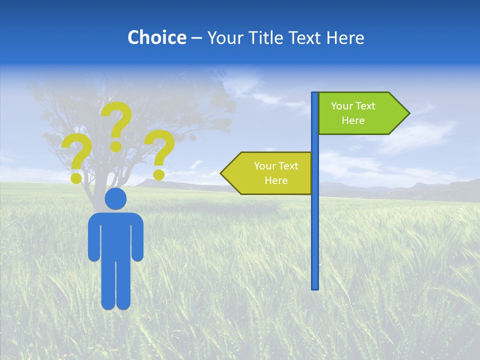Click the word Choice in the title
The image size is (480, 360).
click(x=156, y=37)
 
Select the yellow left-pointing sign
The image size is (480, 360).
click(x=270, y=173)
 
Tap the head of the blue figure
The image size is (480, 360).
click(x=116, y=198)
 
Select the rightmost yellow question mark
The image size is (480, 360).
click(x=160, y=150)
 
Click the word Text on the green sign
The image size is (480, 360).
click(x=365, y=106)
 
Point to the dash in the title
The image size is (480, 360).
click(x=196, y=38)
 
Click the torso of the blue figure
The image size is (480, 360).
click(x=116, y=235)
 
